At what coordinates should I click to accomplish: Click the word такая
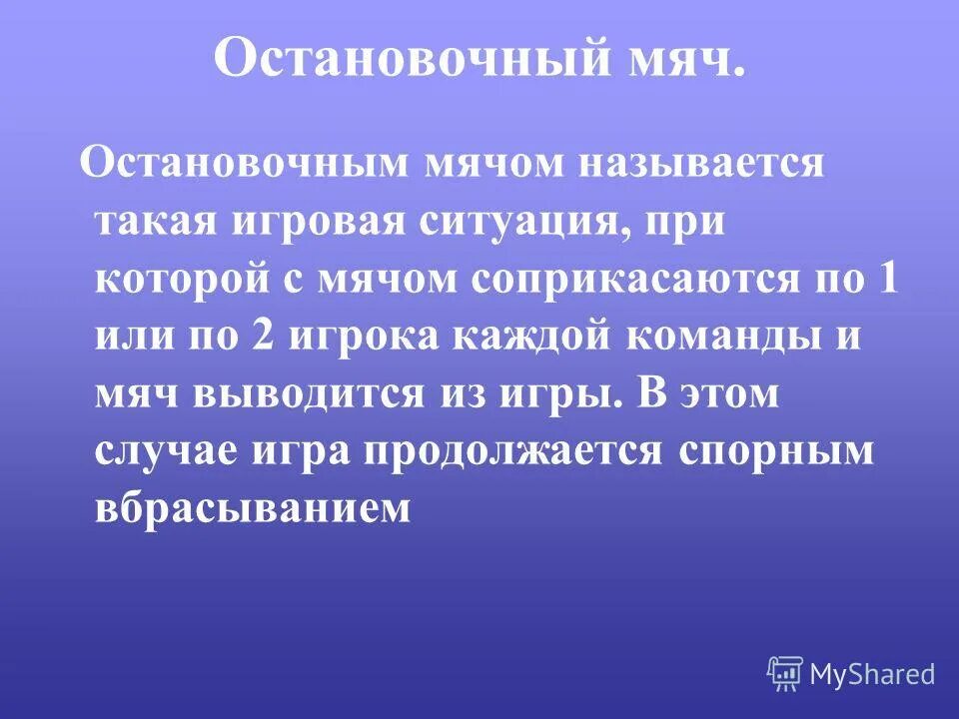click(x=161, y=221)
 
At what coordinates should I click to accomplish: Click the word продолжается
click(x=512, y=450)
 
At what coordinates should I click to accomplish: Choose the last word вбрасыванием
click(x=254, y=508)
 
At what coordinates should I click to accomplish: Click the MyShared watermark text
click(x=872, y=674)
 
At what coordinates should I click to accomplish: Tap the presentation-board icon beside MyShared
click(x=785, y=674)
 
